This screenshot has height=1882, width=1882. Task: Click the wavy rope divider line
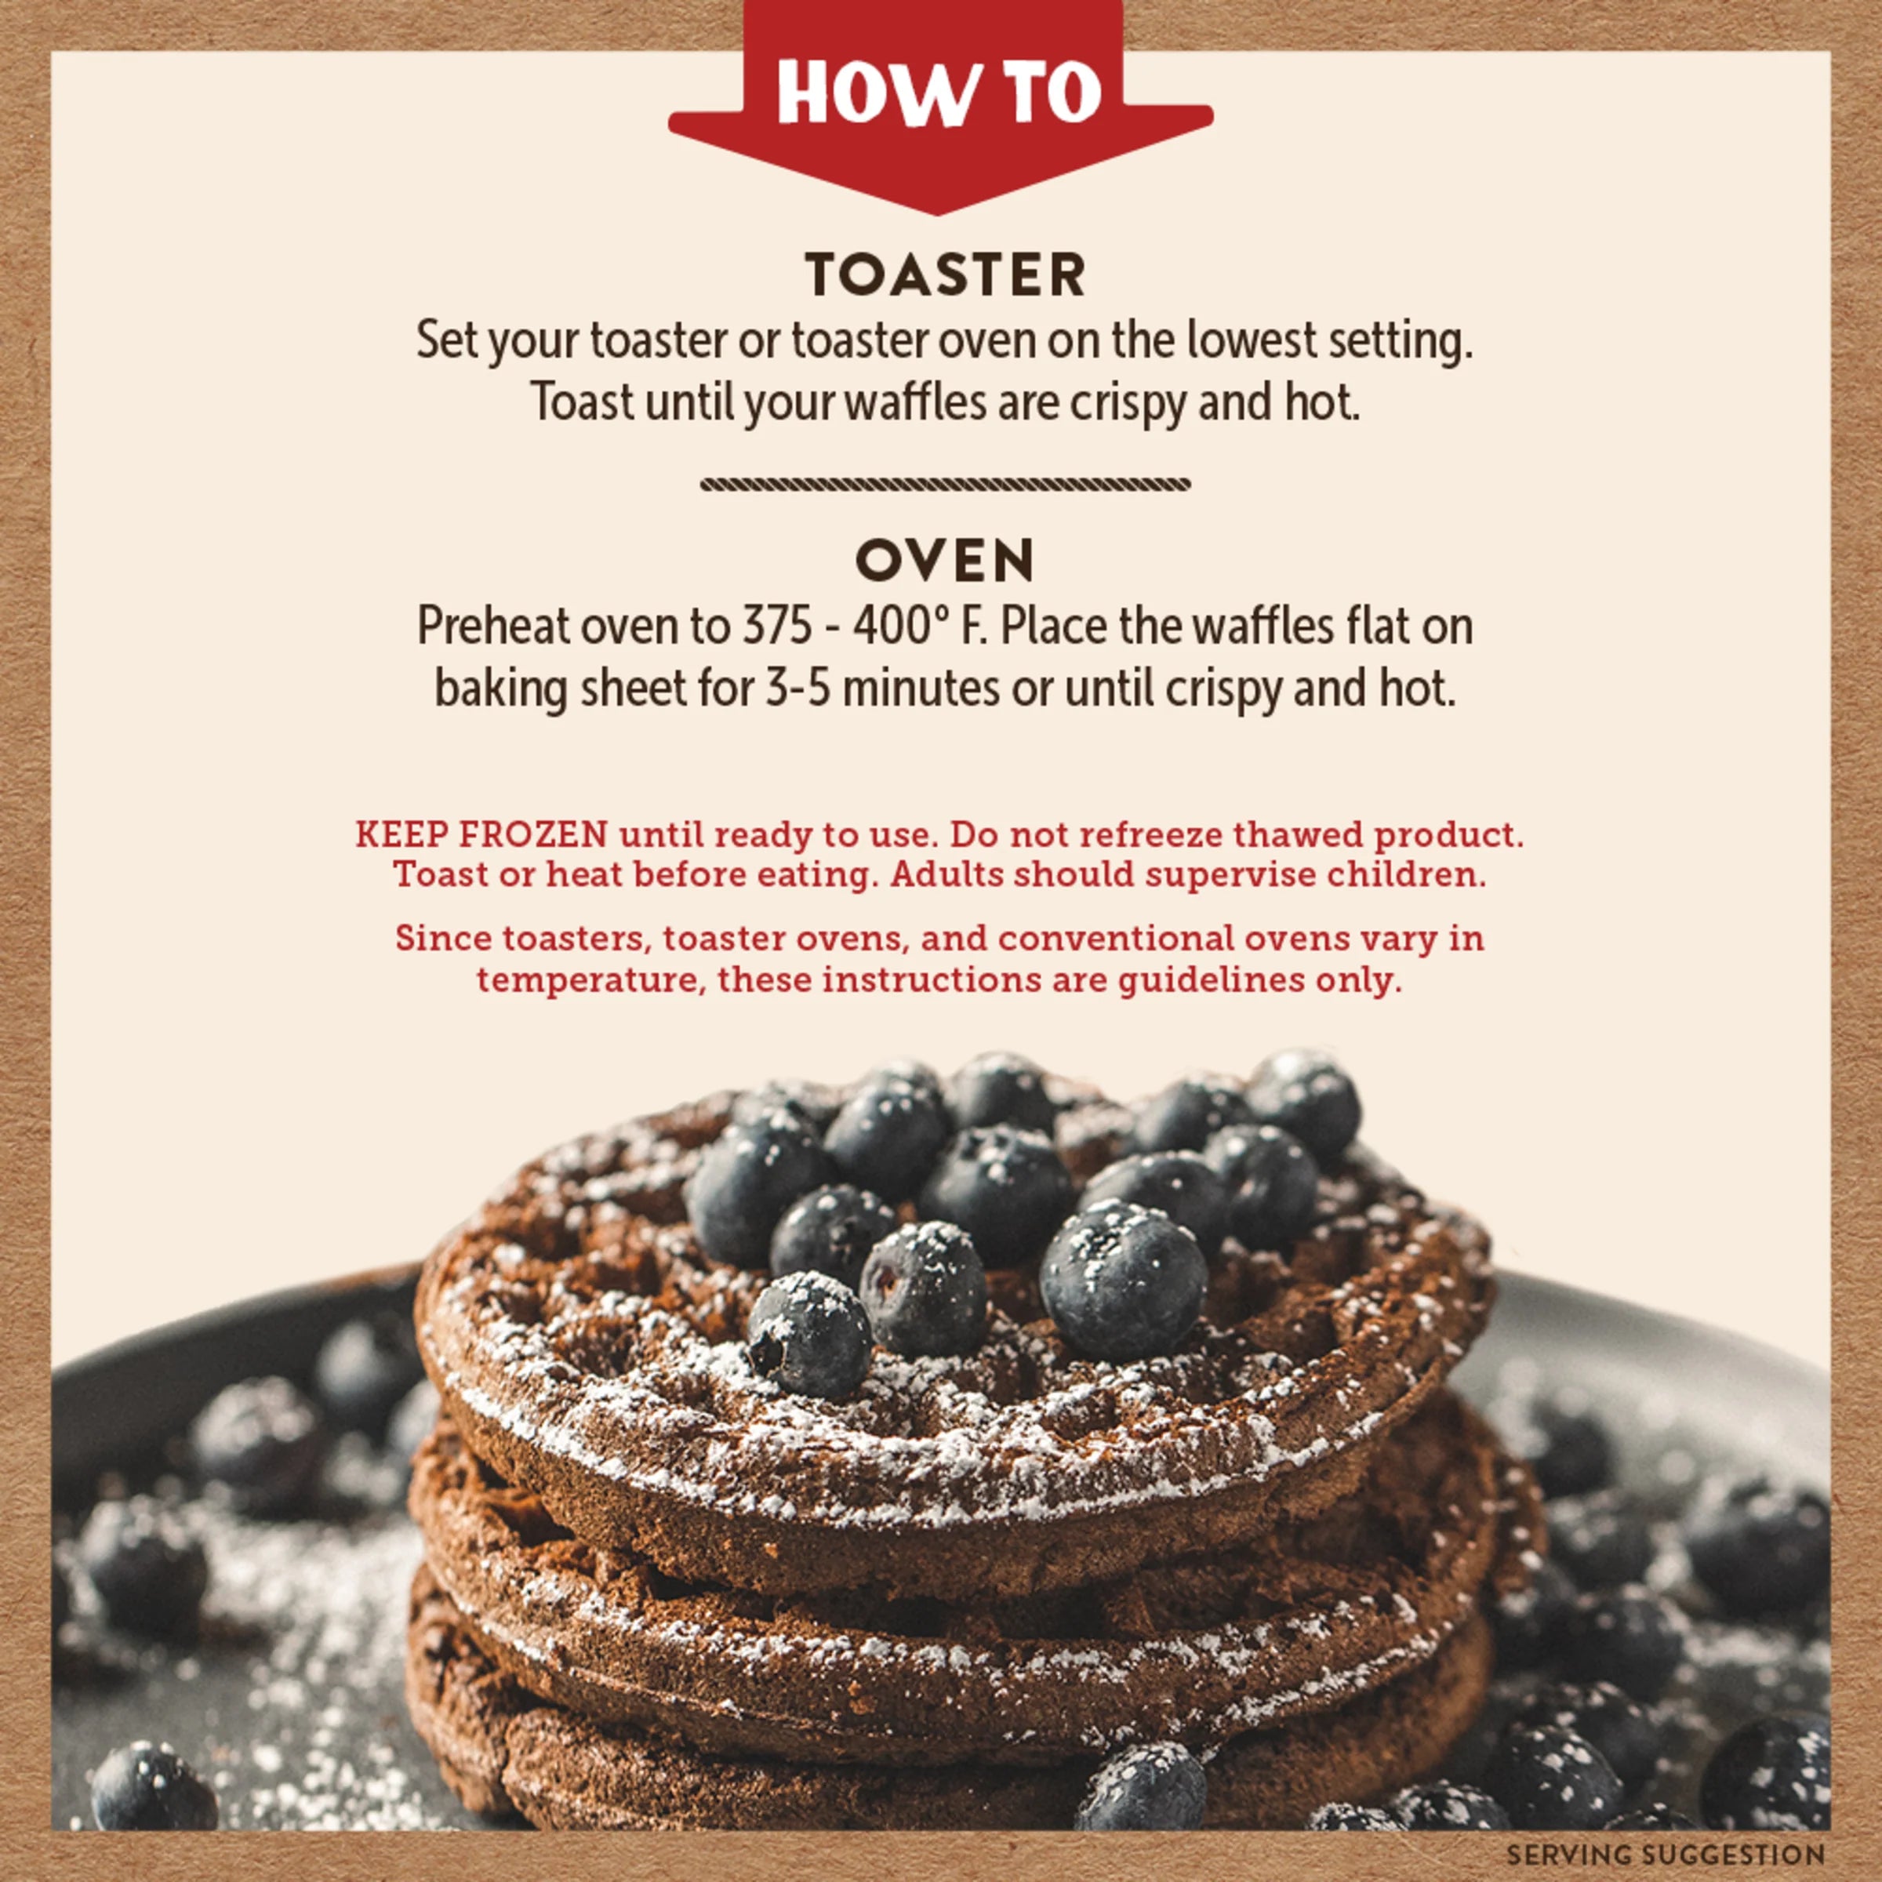point(945,484)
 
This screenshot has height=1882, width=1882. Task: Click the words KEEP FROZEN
point(481,835)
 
